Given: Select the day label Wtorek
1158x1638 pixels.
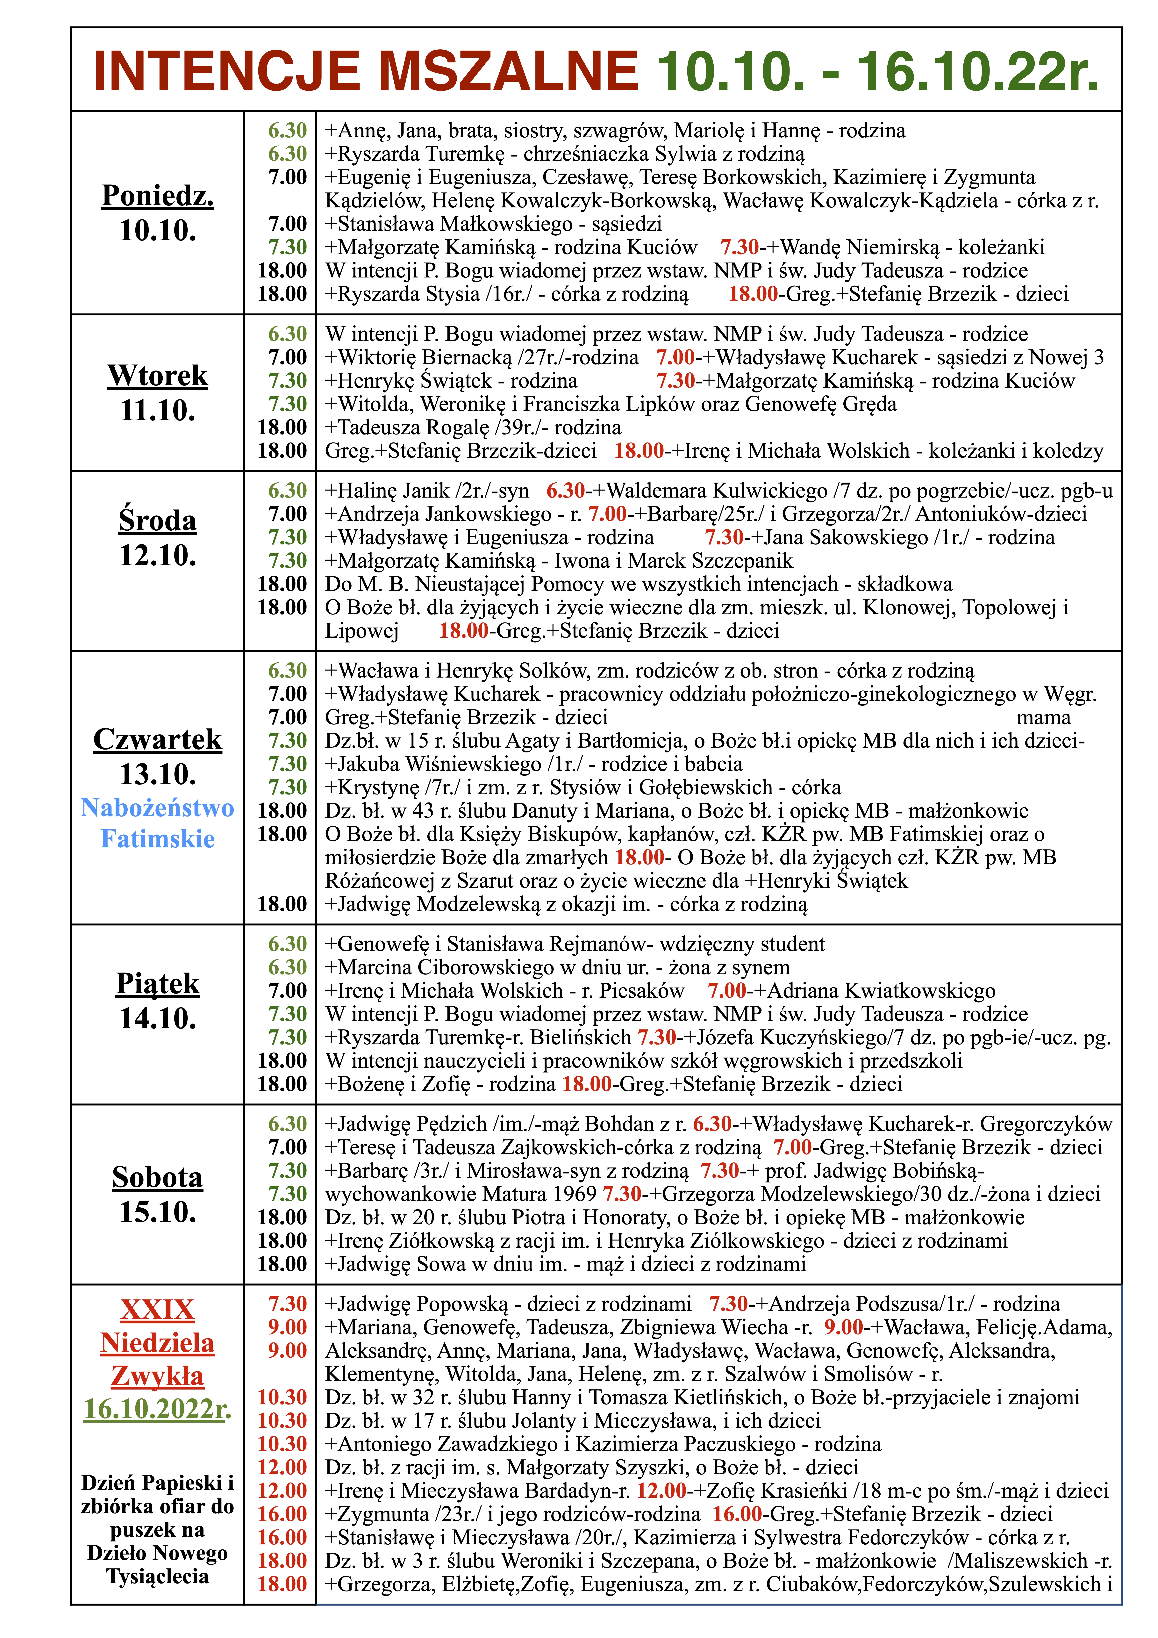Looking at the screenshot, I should click(x=158, y=375).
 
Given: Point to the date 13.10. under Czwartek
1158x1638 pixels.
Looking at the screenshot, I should click(x=158, y=774).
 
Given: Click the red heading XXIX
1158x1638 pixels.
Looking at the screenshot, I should click(x=158, y=1310).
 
